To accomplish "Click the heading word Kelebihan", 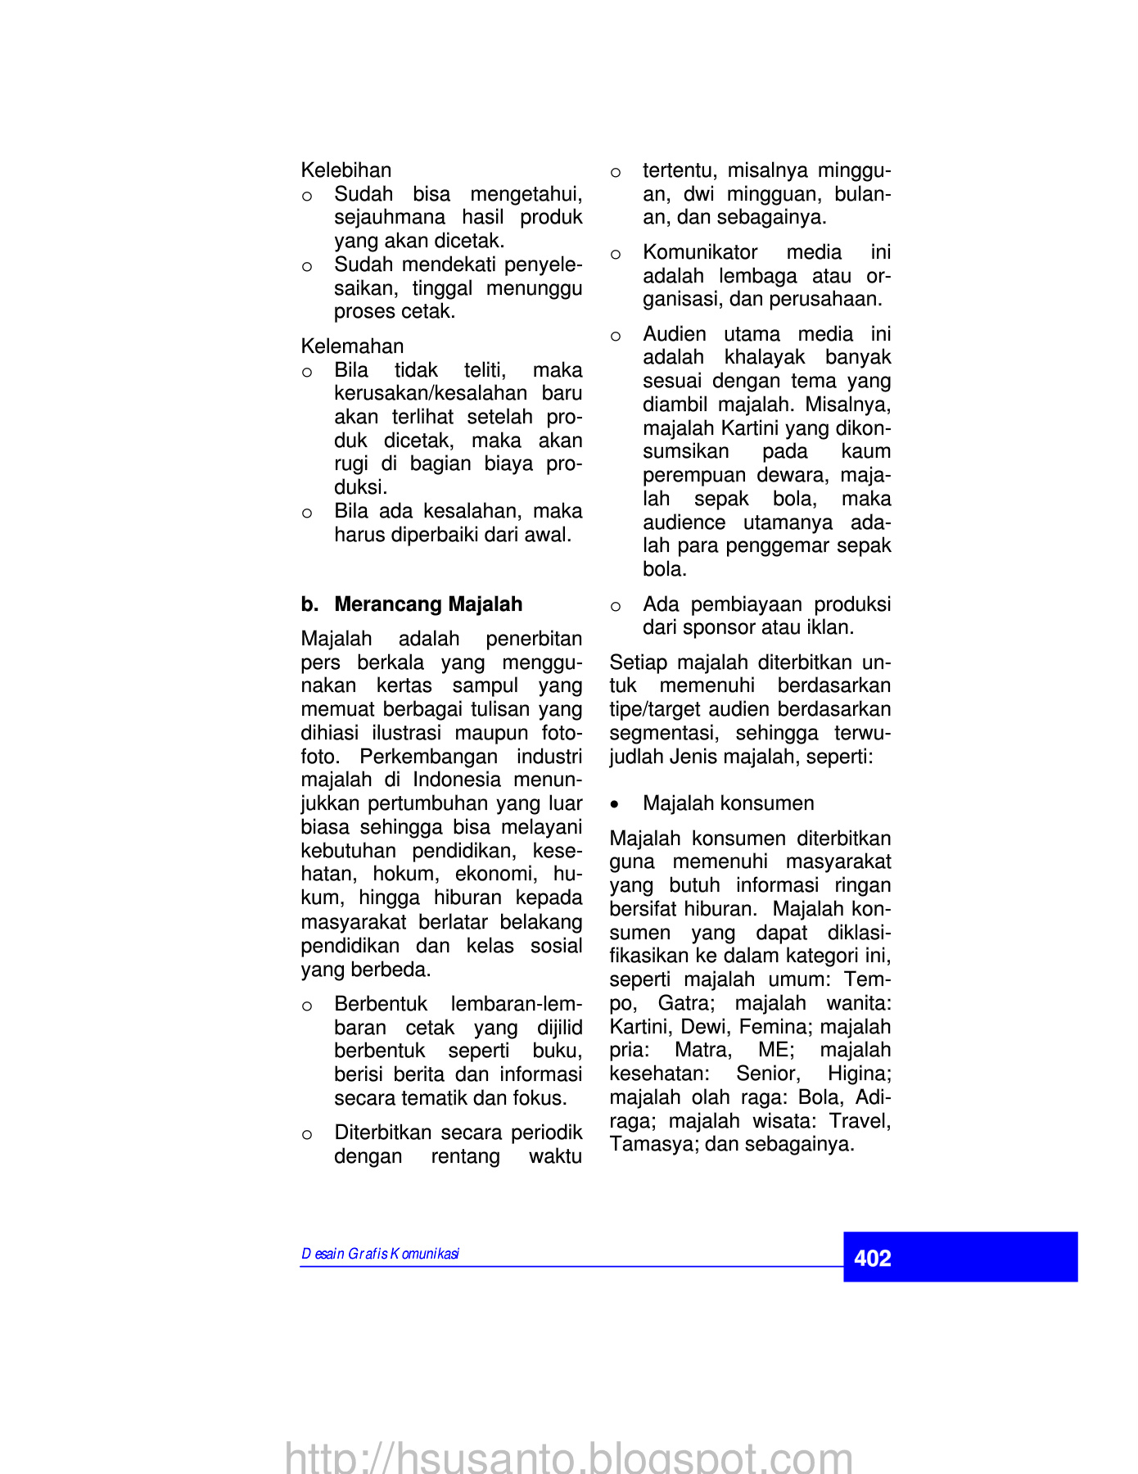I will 346,170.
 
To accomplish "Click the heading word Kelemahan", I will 352,346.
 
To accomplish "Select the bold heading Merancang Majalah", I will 428,604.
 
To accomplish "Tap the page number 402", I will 872,1259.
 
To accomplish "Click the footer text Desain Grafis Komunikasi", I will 380,1254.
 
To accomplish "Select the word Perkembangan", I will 428,757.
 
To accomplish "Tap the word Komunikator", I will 700,252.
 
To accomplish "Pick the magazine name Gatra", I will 686,1003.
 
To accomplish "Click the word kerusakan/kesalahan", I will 430,394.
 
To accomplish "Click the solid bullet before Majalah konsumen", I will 616,804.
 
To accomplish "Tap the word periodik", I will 546,1133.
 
